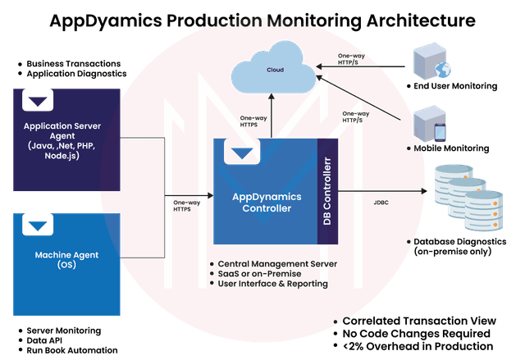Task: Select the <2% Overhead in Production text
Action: click(422, 347)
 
